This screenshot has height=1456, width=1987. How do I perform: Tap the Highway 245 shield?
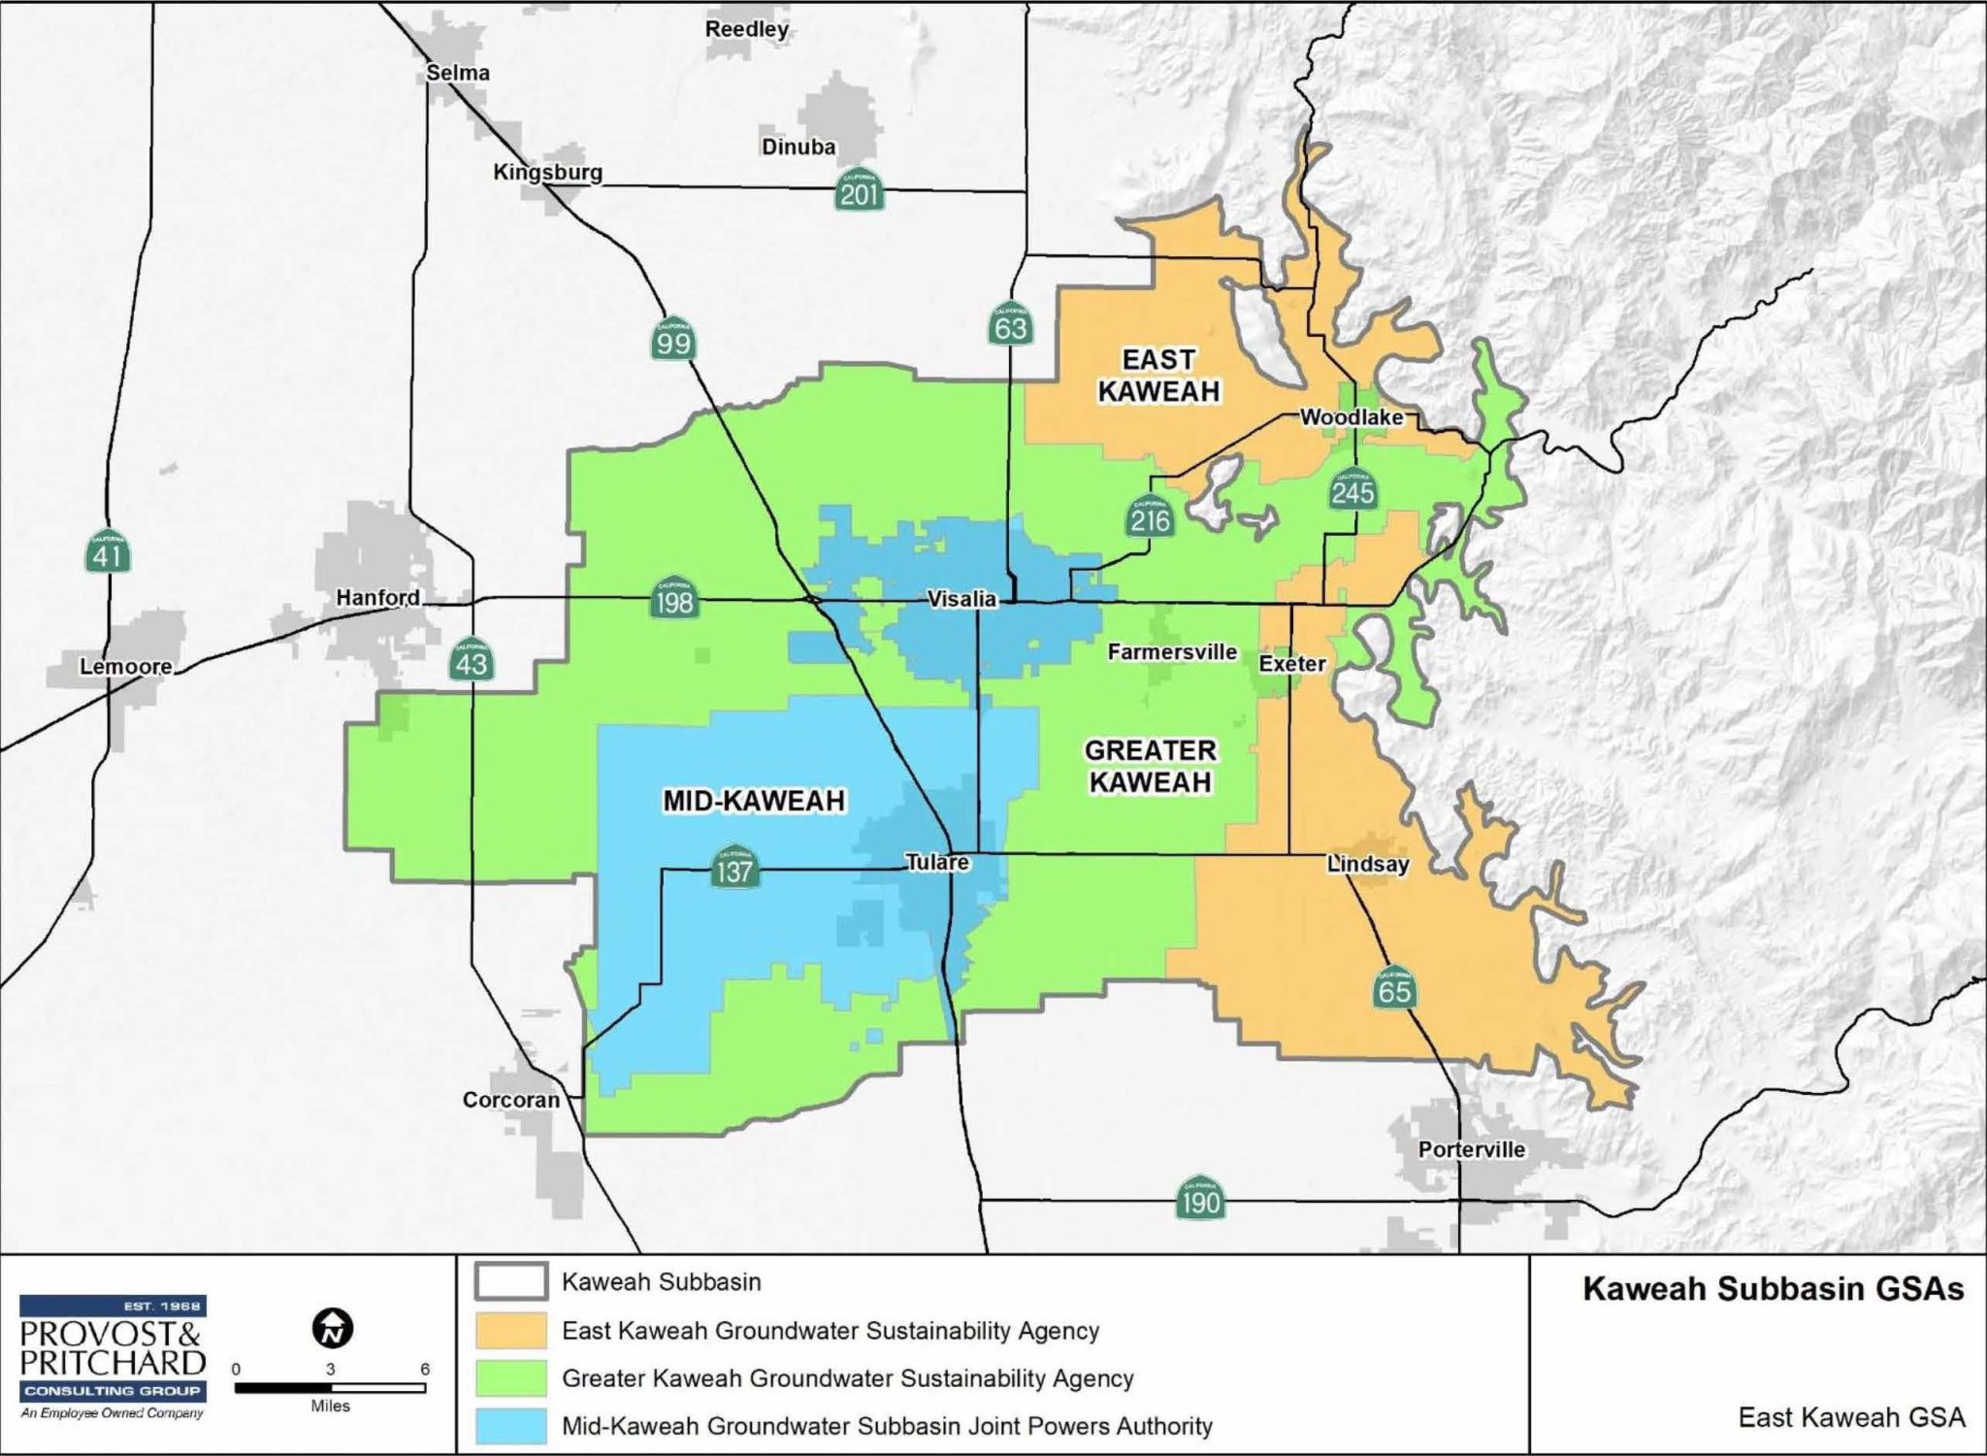(1352, 489)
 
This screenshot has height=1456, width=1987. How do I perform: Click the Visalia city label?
(961, 599)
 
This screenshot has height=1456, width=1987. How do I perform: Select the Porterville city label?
(1471, 1149)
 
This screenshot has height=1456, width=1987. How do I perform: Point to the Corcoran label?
(511, 1100)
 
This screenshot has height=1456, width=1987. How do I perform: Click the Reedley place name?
(746, 29)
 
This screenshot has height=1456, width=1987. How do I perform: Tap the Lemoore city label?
(126, 666)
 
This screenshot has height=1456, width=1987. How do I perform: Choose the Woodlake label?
(1352, 416)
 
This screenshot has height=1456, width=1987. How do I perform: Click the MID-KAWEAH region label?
(754, 800)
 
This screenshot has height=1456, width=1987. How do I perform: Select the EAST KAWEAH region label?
(1158, 375)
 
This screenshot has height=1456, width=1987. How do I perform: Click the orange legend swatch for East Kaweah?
(510, 1330)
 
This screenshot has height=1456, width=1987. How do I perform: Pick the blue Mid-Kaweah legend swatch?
(510, 1425)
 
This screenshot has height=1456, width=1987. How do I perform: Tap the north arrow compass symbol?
(333, 1328)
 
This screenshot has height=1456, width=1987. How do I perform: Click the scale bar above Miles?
(330, 1388)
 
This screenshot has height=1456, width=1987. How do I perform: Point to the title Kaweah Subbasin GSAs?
(1773, 1289)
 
